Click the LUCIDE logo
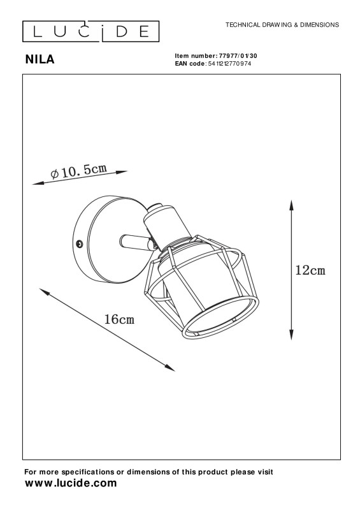90,31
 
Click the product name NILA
40,59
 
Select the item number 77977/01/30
238,56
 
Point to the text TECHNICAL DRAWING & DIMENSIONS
282,25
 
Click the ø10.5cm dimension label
79,171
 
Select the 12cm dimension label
310,270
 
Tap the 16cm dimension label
119,319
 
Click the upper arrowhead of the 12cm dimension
292,205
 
